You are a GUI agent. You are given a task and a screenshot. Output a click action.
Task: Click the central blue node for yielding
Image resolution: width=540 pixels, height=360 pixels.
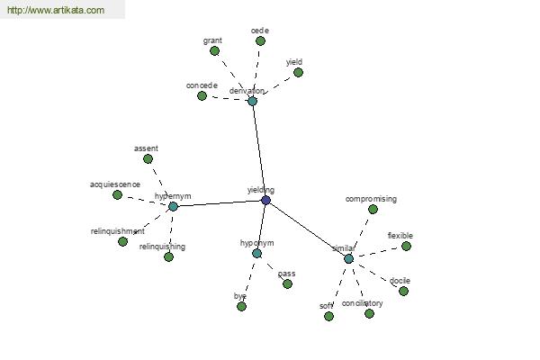(265, 200)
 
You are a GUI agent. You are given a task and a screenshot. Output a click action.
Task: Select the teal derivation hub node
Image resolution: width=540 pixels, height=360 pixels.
(252, 101)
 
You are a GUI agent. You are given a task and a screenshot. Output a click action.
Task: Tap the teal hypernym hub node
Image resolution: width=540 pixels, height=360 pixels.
(173, 206)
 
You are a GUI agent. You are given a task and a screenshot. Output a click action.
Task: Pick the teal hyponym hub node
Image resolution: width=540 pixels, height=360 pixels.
(256, 253)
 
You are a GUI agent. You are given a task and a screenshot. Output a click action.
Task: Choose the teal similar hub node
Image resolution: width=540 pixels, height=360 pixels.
(348, 258)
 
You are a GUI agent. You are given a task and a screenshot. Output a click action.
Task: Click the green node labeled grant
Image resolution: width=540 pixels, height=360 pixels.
(214, 50)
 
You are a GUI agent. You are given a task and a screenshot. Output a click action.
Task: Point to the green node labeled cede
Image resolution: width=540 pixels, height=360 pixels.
(260, 40)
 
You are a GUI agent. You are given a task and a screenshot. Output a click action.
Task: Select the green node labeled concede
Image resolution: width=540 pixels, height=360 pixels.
(203, 95)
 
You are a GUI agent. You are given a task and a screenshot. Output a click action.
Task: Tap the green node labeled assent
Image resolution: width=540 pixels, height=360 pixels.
(148, 158)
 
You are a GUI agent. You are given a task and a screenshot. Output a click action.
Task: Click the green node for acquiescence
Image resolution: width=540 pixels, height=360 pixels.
(117, 194)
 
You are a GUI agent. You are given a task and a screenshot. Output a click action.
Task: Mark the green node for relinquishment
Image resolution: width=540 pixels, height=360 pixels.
(122, 241)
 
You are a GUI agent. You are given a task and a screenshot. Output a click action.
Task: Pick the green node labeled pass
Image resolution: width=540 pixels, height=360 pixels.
(287, 283)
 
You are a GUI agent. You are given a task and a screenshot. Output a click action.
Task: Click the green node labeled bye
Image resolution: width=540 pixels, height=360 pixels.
(241, 306)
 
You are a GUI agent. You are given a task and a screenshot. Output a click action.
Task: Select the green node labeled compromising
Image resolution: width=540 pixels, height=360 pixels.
(373, 209)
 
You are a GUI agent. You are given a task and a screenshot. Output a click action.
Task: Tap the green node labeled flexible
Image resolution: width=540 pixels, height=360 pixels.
(406, 246)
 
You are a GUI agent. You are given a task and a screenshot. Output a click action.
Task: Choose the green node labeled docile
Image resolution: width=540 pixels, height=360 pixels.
(403, 291)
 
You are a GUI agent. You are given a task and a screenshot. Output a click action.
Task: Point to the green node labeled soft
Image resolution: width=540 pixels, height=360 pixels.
(328, 316)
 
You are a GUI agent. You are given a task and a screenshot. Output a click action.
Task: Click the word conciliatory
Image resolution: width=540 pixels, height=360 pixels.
(363, 303)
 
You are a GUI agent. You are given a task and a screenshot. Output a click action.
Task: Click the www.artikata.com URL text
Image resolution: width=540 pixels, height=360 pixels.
(56, 11)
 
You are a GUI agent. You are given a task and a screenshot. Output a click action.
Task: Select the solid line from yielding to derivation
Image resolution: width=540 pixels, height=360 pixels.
(258, 148)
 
